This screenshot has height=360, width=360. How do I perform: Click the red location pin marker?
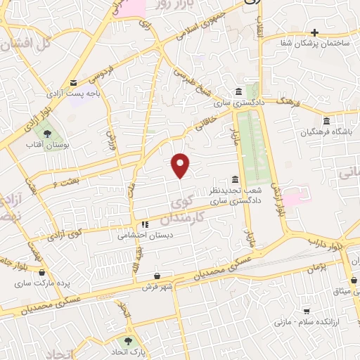(181, 165)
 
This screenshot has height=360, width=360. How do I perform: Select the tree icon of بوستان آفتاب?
(48, 131)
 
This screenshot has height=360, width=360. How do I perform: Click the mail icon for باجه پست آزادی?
(75, 82)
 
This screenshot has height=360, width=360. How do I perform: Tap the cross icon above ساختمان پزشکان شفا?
(315, 32)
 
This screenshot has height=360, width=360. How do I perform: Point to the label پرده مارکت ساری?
(43, 284)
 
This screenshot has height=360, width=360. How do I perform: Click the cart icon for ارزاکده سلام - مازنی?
(307, 310)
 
